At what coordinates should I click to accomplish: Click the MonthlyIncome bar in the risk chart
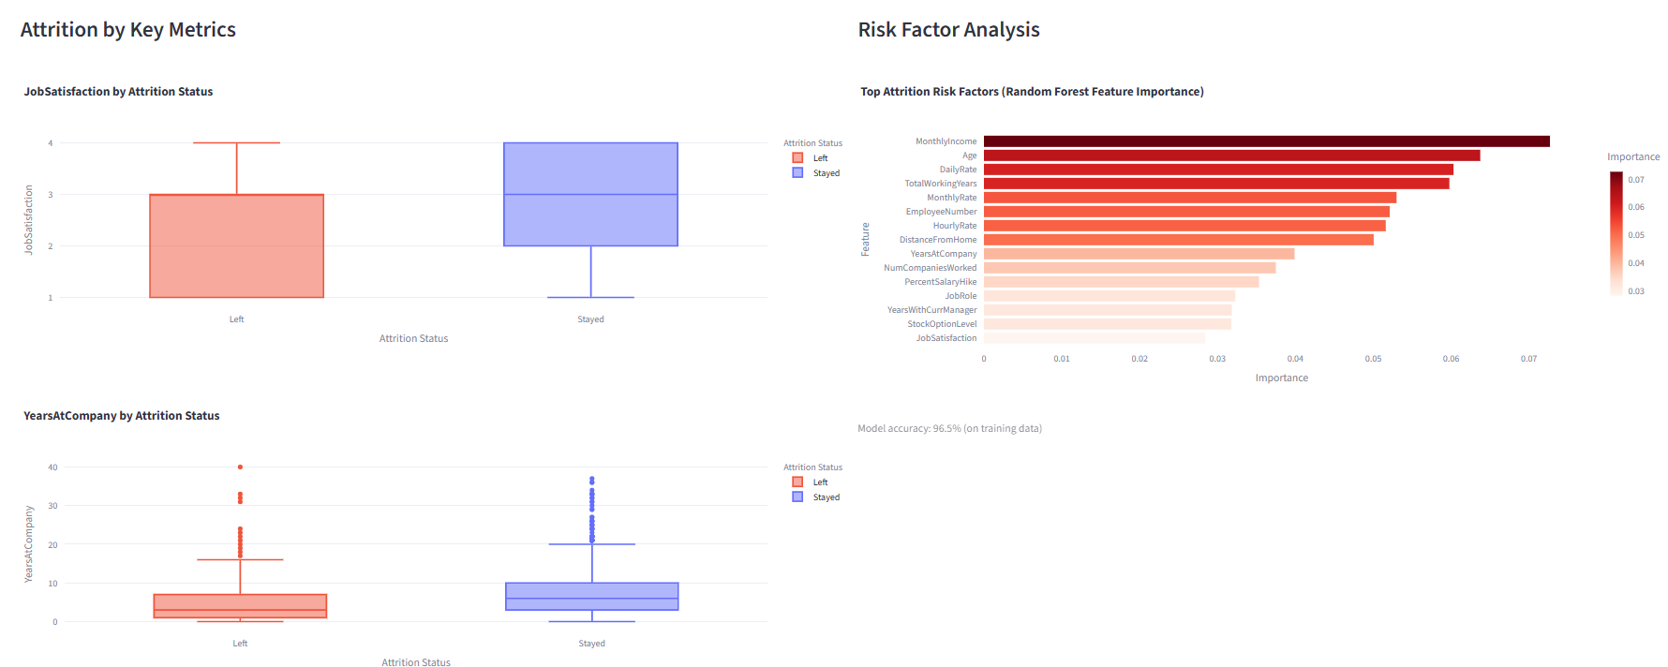pos(1265,141)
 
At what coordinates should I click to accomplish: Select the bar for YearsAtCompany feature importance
pos(1139,254)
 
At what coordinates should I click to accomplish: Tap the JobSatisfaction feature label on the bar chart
pos(946,338)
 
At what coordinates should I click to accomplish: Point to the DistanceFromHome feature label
pos(937,240)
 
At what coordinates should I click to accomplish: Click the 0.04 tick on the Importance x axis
pos(1294,359)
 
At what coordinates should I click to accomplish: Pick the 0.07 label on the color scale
pos(1635,180)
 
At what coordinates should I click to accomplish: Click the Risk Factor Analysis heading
pos(948,30)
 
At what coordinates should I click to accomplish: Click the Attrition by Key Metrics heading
pos(128,30)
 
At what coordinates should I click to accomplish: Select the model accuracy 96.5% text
pos(949,428)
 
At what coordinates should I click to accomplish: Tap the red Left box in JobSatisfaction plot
pos(236,245)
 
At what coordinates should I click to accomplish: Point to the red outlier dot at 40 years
pos(240,467)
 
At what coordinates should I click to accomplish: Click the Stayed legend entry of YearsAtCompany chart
pos(825,497)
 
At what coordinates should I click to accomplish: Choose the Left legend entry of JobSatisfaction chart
pos(819,158)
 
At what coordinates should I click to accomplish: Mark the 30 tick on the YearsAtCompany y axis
pos(52,506)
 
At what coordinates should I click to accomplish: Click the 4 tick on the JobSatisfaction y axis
pos(51,143)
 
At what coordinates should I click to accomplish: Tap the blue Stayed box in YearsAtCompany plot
pos(591,596)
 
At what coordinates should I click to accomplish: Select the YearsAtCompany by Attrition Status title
pos(122,416)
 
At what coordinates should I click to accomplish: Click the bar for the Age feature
pos(1231,156)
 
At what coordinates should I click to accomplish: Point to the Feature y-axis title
pos(865,239)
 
